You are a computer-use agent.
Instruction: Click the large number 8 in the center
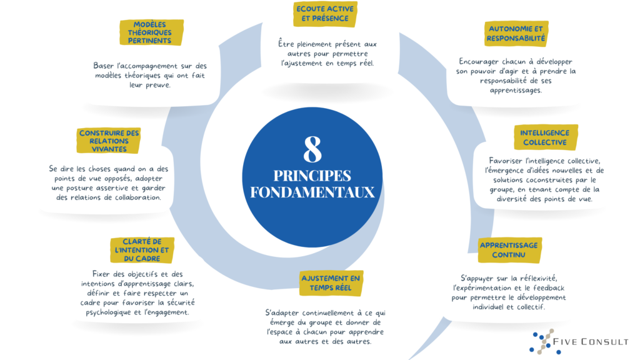tap(312, 150)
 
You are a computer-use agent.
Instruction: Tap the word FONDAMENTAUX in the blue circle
tap(312, 191)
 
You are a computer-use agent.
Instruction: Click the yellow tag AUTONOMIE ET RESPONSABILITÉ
tap(517, 32)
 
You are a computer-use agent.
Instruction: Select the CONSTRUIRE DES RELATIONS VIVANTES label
tap(109, 141)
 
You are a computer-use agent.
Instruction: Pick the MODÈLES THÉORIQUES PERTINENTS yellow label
tap(149, 32)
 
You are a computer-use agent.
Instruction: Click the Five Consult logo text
tap(591, 342)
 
